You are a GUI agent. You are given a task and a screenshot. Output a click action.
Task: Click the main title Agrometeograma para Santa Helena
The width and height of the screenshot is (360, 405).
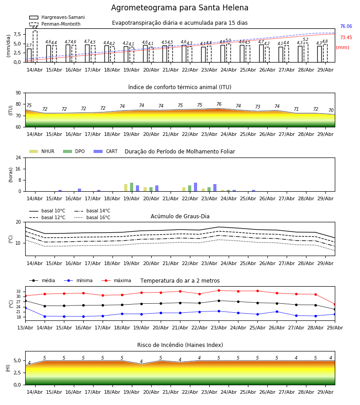(x=180, y=8)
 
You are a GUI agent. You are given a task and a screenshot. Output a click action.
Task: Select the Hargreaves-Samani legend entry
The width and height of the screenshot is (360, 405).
(x=57, y=17)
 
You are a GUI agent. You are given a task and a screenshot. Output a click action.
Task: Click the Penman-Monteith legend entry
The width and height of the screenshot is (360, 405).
(x=55, y=24)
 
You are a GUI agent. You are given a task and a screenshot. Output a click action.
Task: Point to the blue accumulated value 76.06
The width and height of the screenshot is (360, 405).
(x=346, y=27)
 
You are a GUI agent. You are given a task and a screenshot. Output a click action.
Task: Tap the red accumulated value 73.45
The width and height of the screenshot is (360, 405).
(x=346, y=37)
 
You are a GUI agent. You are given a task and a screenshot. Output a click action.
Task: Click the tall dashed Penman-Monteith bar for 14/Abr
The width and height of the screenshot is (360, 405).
(x=35, y=46)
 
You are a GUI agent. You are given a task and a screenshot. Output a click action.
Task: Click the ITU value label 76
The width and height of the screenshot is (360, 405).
(x=219, y=104)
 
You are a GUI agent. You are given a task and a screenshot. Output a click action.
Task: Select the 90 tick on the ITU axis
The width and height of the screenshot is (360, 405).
(x=18, y=93)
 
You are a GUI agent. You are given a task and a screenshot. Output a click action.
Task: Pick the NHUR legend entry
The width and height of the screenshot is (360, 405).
(x=42, y=151)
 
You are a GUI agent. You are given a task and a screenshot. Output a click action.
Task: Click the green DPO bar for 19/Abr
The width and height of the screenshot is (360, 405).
(x=132, y=187)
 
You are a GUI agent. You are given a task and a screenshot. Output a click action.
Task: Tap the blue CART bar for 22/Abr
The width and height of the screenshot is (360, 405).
(x=195, y=187)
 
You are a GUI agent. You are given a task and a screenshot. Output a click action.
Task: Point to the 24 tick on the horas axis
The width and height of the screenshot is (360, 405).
(x=18, y=158)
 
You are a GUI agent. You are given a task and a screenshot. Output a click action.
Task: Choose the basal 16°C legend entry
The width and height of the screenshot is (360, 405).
(x=92, y=217)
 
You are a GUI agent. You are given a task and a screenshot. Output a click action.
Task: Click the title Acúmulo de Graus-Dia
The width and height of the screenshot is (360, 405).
(x=180, y=216)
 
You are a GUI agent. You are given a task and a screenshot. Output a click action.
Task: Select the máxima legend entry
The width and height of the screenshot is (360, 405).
(x=116, y=280)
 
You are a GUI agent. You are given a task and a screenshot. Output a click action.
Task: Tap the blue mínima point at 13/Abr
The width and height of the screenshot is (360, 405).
(x=25, y=308)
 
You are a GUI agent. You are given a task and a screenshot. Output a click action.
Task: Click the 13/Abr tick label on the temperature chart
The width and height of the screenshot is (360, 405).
(x=25, y=328)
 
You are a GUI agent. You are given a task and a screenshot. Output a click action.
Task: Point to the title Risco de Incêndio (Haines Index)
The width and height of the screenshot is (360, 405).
(x=180, y=345)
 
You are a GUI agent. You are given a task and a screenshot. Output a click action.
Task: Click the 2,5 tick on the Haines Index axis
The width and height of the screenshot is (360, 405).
(x=18, y=373)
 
